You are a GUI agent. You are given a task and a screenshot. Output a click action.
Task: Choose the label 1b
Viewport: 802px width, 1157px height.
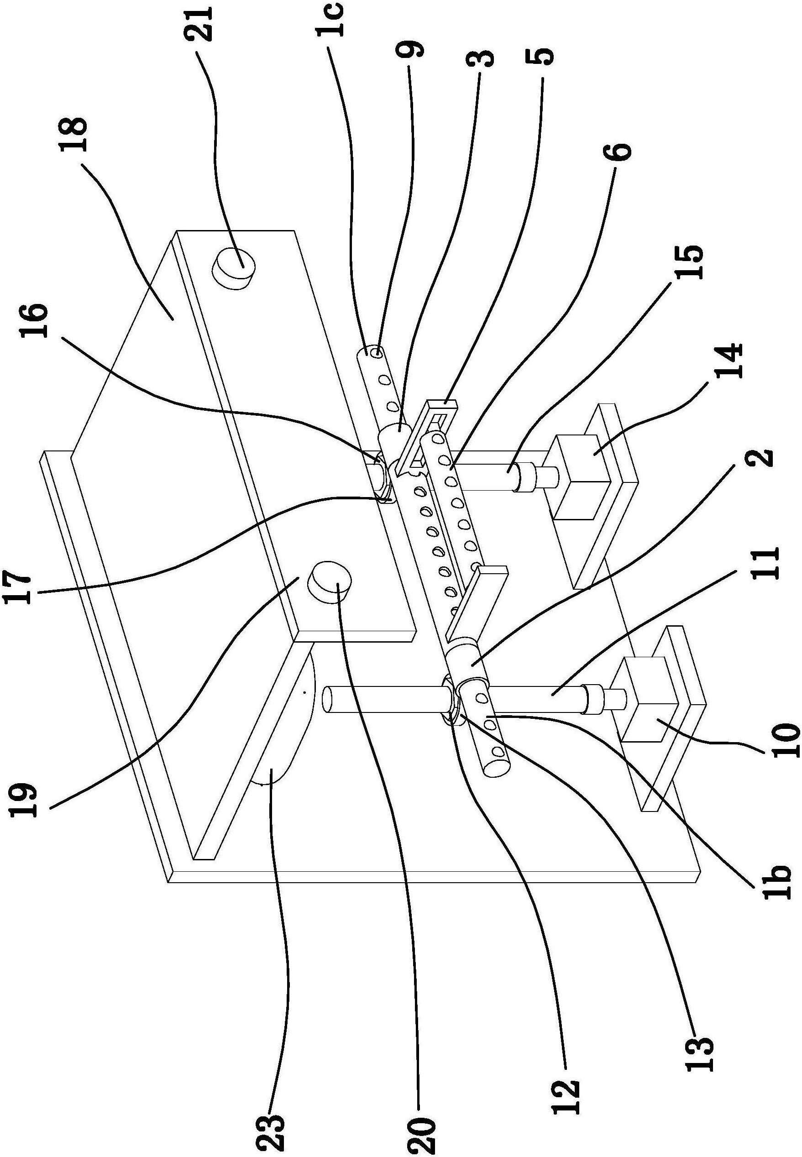click(x=778, y=878)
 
